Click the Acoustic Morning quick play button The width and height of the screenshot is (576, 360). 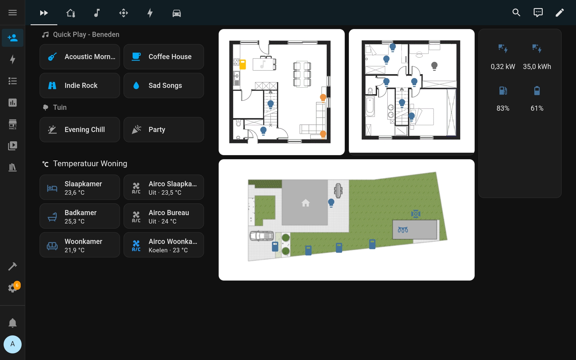click(x=80, y=57)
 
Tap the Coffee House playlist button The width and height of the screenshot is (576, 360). click(x=164, y=57)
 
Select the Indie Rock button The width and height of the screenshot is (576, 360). click(x=80, y=85)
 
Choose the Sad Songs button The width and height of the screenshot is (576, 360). click(x=164, y=85)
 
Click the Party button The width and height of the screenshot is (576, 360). click(x=164, y=130)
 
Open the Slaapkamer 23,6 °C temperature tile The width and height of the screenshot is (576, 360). click(x=80, y=187)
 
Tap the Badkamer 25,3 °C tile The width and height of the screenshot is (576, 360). click(x=80, y=216)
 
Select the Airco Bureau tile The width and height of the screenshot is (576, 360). click(x=164, y=216)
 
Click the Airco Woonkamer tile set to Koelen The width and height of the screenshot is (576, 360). click(x=164, y=245)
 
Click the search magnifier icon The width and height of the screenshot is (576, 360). click(x=516, y=13)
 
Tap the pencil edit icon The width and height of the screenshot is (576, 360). click(x=559, y=13)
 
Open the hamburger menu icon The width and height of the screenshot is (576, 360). click(x=13, y=13)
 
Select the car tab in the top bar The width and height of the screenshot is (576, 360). click(x=177, y=13)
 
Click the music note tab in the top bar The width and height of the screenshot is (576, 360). click(x=97, y=13)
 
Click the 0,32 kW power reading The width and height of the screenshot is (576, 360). click(x=503, y=67)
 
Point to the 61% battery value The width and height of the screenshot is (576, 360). click(x=537, y=108)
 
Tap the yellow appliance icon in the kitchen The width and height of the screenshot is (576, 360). click(x=243, y=64)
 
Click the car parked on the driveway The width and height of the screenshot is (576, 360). click(x=262, y=236)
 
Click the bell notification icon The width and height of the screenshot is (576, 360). click(x=13, y=323)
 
